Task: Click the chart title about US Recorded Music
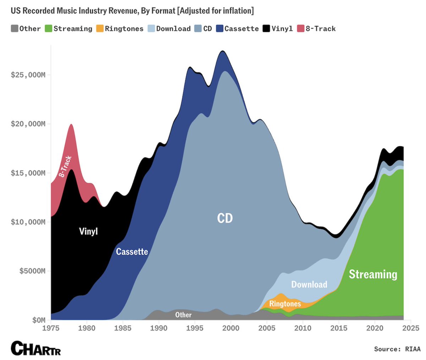click(132, 11)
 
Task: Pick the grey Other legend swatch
click(15, 29)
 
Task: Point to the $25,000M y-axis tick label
click(29, 75)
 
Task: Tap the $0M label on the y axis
click(38, 320)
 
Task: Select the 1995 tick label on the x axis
click(195, 328)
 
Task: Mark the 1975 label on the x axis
click(51, 328)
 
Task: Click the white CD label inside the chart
click(225, 218)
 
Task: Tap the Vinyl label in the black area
click(88, 232)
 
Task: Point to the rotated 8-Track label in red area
click(65, 166)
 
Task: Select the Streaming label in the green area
click(373, 274)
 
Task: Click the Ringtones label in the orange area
click(285, 304)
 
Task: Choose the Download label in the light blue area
click(309, 284)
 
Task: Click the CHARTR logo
click(35, 348)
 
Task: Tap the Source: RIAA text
click(397, 349)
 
